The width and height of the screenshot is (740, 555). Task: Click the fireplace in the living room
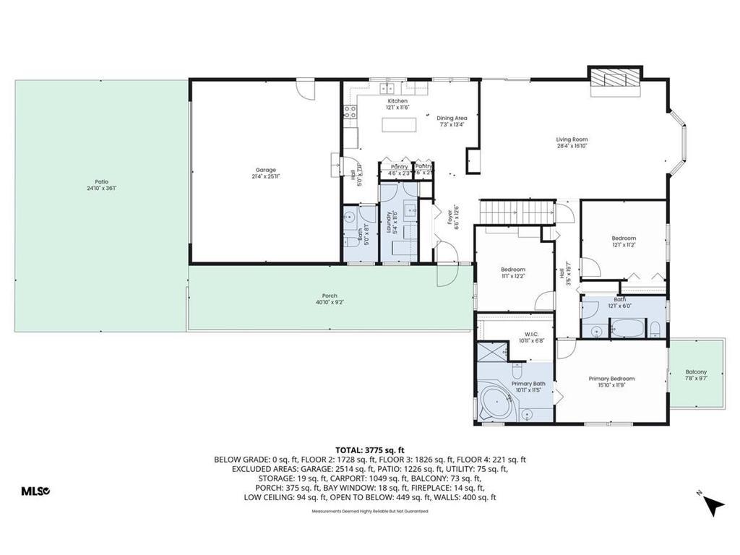(614, 81)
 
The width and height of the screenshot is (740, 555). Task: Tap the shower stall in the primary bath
(491, 358)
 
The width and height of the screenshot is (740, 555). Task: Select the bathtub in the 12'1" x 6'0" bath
(629, 329)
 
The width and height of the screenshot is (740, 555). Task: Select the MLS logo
(35, 491)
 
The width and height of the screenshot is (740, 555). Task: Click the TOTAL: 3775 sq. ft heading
(369, 449)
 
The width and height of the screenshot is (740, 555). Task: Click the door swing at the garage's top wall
(307, 90)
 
